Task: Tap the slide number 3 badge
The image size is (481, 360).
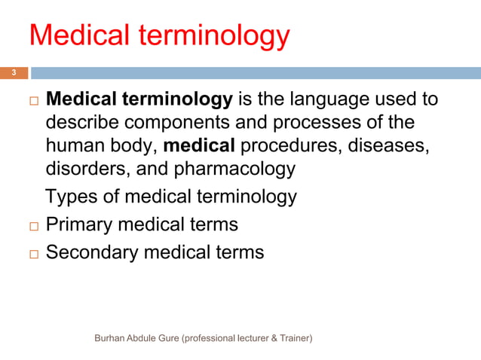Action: pyautogui.click(x=13, y=73)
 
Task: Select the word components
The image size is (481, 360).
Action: pyautogui.click(x=170, y=122)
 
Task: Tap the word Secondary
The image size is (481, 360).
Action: pyautogui.click(x=92, y=252)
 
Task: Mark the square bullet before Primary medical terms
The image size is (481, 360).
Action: pyautogui.click(x=32, y=225)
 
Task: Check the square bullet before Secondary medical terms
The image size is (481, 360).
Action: pyautogui.click(x=32, y=253)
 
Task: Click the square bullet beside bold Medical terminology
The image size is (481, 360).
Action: pyautogui.click(x=32, y=101)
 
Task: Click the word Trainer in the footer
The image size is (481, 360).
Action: pyautogui.click(x=290, y=339)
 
